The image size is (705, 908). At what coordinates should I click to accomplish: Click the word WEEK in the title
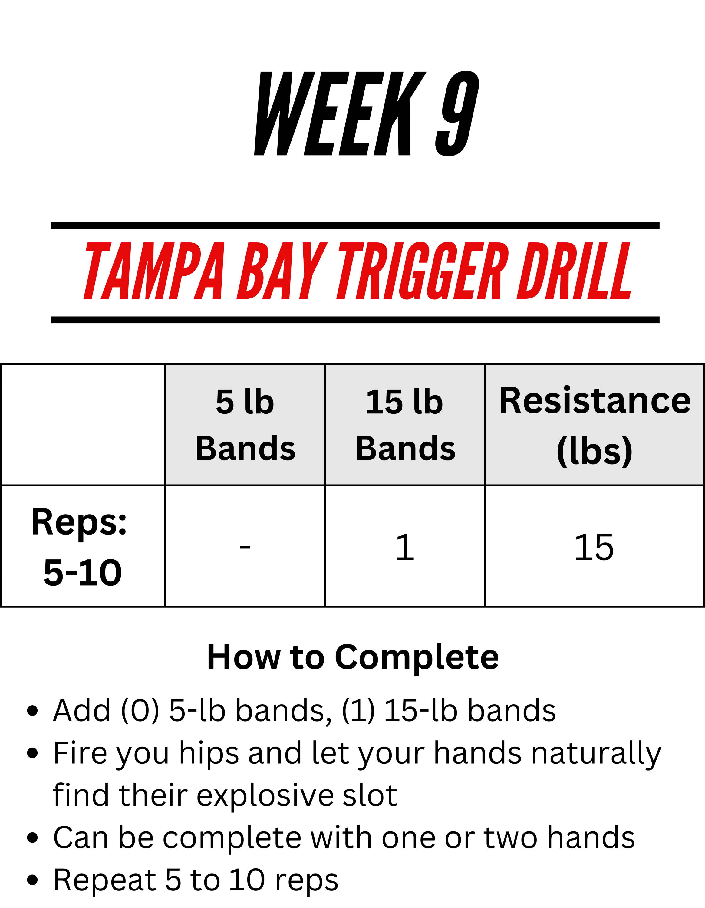(x=340, y=113)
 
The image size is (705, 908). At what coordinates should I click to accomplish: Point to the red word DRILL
(x=574, y=271)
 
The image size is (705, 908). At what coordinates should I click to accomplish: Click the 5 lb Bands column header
(x=245, y=425)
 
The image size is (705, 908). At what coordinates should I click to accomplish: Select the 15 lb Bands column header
(x=405, y=425)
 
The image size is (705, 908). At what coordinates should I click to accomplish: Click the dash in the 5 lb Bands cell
(x=245, y=546)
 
